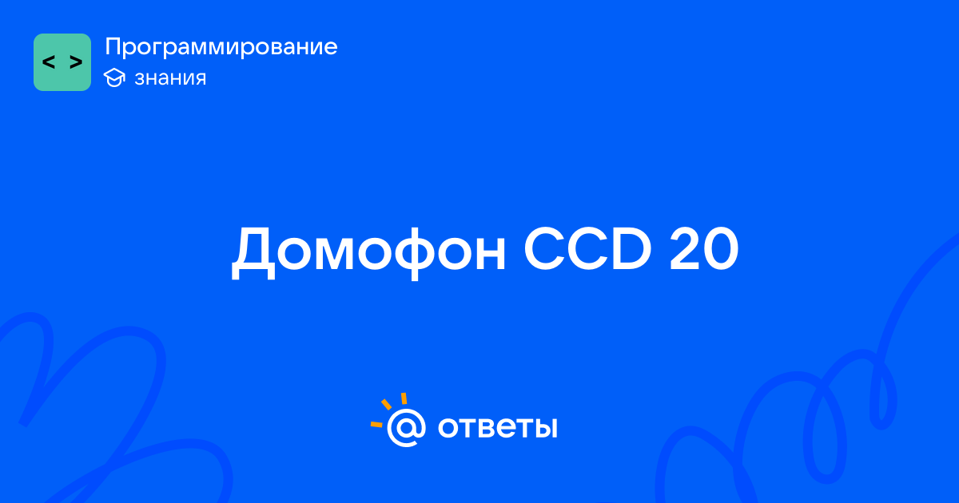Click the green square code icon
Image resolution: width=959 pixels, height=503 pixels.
62,62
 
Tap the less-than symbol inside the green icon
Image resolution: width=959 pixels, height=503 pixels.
49,62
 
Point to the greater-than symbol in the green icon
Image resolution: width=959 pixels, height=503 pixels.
76,62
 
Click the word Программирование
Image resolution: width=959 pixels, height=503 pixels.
221,46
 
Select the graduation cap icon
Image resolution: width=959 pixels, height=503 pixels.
114,77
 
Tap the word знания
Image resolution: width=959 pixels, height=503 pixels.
170,78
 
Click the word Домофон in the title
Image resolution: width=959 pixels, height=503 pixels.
368,252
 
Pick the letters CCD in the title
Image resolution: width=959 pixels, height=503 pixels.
588,248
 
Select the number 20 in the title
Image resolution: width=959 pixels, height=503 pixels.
704,248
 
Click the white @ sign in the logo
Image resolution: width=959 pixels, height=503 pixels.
406,427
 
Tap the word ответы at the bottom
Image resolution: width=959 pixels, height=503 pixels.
497,427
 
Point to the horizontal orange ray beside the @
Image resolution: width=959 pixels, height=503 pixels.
376,424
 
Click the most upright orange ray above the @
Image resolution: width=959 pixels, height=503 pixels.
404,398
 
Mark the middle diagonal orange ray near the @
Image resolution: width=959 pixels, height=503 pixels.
386,404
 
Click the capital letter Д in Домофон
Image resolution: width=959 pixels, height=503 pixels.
253,253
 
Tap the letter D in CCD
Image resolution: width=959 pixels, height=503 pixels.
631,248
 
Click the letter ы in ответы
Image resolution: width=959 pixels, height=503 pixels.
546,428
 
